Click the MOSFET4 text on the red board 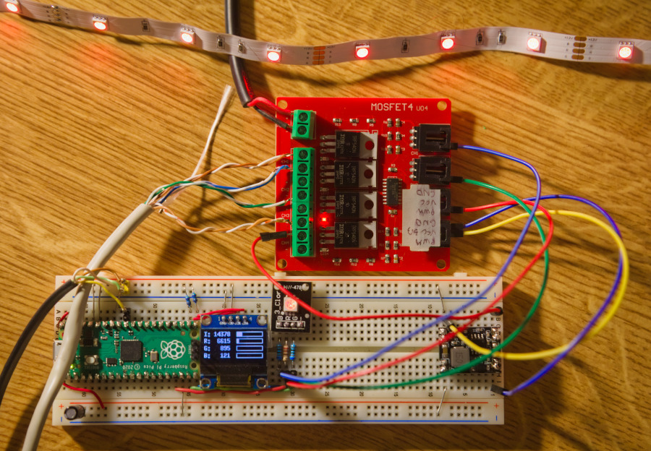point(395,106)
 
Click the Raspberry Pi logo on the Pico point(172,349)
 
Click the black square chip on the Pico point(131,351)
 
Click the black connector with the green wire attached point(432,171)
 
